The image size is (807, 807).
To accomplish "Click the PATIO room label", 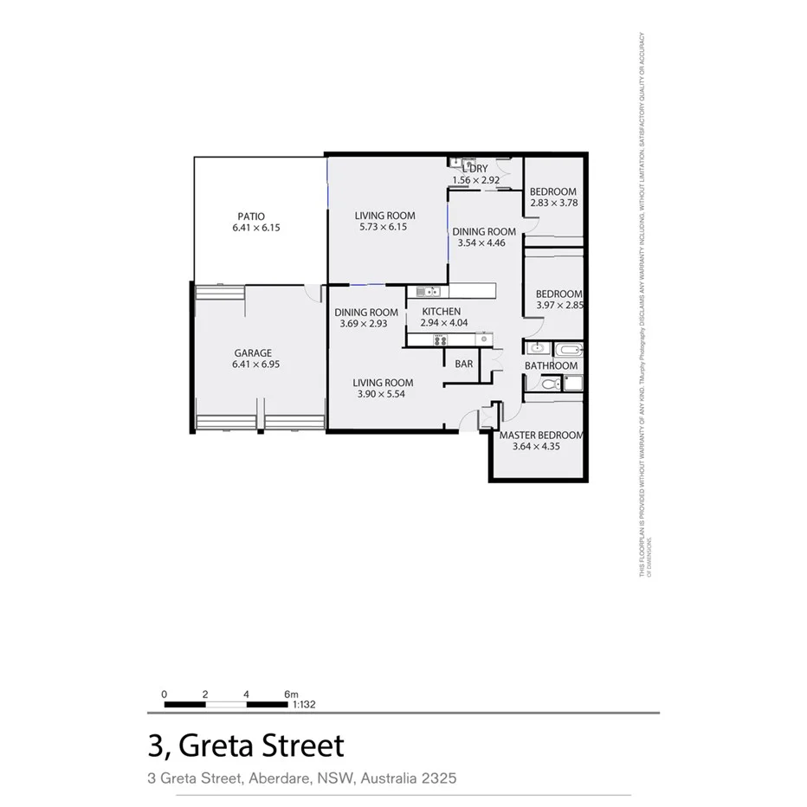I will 252,216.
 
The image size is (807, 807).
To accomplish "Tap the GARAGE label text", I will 253,353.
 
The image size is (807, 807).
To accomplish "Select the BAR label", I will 464,364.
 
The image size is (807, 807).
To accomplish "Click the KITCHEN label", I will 441,312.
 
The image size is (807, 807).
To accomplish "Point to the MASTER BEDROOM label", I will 541,436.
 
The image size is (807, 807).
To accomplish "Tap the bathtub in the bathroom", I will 569,351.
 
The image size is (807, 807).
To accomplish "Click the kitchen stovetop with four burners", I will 440,339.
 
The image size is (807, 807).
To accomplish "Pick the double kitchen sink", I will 423,291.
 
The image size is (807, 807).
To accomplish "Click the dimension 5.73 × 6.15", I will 383,228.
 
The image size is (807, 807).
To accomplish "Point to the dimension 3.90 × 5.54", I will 382,394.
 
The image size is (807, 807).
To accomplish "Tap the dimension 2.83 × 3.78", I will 553,203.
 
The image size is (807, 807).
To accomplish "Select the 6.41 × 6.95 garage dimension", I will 255,365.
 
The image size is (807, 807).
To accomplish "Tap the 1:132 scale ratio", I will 303,705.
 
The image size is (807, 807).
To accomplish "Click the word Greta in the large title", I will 212,746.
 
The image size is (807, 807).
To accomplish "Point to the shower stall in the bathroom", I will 572,384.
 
